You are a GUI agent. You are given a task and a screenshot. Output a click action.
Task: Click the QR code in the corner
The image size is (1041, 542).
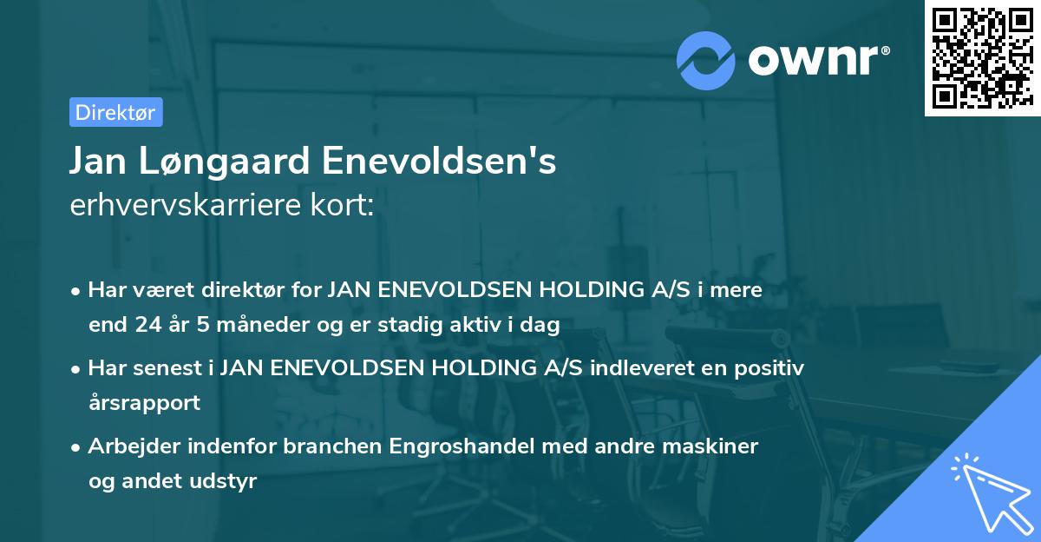click(x=982, y=58)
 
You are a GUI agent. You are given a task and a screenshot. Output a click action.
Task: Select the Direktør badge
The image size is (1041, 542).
click(x=115, y=112)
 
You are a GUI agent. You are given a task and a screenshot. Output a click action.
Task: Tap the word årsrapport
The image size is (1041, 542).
click(x=144, y=403)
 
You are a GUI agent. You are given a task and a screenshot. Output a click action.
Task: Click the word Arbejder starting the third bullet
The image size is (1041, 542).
click(x=134, y=446)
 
